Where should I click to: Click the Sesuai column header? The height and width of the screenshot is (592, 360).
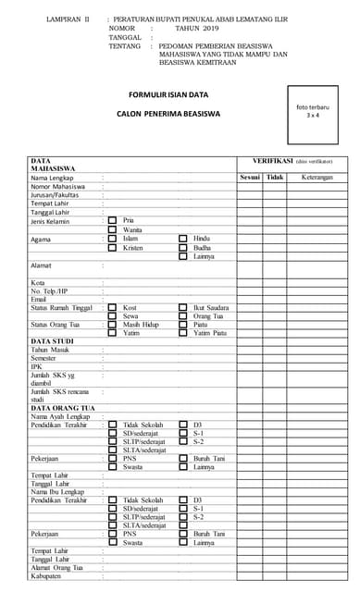[250, 176]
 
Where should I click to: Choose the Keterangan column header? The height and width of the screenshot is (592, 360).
[317, 176]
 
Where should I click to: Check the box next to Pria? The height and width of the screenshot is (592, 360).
[112, 220]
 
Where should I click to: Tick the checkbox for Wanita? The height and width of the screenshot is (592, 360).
[112, 229]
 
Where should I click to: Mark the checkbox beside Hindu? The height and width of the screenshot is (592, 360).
[182, 239]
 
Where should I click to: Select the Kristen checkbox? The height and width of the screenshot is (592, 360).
[112, 248]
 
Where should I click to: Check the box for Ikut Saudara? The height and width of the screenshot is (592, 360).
[182, 306]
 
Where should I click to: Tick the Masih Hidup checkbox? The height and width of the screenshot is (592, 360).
[112, 325]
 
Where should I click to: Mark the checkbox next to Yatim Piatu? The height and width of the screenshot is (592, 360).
[182, 333]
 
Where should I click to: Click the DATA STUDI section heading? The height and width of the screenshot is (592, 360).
[52, 341]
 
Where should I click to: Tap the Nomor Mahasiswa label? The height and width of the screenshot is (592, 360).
[57, 186]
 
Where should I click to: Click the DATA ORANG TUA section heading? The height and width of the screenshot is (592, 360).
[63, 408]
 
